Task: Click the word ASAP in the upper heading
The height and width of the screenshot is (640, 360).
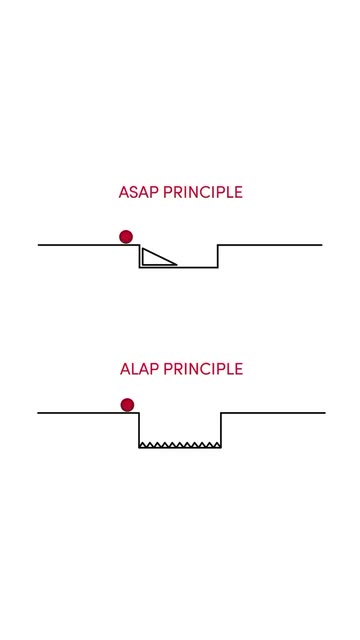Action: (x=139, y=192)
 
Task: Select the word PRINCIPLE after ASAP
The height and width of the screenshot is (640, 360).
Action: (x=203, y=192)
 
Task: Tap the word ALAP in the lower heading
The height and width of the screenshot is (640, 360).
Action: (x=140, y=369)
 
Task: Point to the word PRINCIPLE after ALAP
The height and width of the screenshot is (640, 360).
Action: (x=203, y=369)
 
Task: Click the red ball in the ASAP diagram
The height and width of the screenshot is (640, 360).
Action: (x=126, y=237)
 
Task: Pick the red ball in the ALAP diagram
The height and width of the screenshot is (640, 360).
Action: (x=127, y=405)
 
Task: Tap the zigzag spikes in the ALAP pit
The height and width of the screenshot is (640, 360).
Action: (x=180, y=444)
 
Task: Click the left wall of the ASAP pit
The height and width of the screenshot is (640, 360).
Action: (x=140, y=256)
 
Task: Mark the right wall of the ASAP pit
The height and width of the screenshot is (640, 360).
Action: (x=218, y=256)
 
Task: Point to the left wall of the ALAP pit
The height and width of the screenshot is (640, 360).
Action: (x=139, y=430)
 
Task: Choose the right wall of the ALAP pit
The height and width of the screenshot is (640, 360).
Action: (x=221, y=430)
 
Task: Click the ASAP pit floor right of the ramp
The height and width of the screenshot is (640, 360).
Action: (x=197, y=267)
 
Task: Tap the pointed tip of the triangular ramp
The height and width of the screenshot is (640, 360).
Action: (x=177, y=264)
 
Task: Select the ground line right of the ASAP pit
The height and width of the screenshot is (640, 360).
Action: (x=270, y=245)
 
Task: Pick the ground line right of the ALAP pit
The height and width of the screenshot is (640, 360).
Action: (x=273, y=413)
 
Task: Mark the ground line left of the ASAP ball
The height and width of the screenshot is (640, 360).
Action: (x=79, y=245)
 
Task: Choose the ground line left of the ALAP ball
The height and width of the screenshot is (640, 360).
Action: (x=79, y=413)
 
